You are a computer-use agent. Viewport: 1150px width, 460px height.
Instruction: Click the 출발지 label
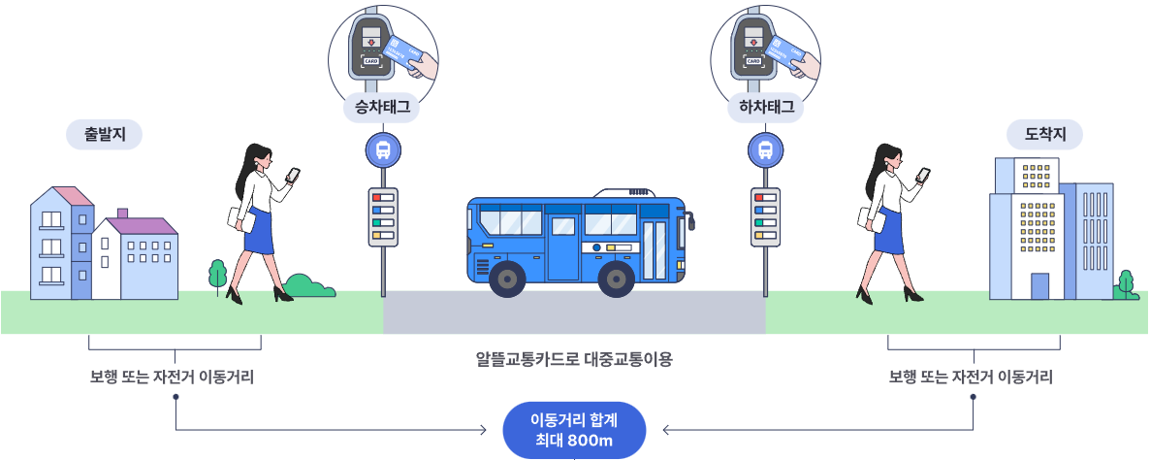click(104, 135)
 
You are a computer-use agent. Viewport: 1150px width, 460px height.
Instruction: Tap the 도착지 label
click(1046, 135)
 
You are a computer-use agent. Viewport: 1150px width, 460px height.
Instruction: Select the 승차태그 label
click(382, 108)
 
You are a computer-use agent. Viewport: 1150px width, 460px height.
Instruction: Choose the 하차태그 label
click(766, 108)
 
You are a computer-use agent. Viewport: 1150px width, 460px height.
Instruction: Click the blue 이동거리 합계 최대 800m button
click(574, 429)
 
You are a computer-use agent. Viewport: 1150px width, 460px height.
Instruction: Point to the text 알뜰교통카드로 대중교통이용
click(574, 359)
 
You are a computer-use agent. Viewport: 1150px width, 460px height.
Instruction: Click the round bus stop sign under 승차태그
click(382, 151)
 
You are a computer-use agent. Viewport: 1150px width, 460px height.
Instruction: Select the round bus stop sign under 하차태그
click(766, 151)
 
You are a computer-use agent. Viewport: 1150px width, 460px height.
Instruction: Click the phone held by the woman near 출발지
click(294, 175)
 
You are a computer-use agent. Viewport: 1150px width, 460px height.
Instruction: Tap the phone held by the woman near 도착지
click(923, 175)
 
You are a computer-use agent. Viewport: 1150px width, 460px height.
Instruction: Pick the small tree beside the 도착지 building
click(1126, 283)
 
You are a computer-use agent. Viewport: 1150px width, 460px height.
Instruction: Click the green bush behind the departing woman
click(309, 286)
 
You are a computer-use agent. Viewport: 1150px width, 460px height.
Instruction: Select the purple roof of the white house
click(142, 225)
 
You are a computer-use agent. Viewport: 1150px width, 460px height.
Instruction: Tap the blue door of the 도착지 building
click(1039, 286)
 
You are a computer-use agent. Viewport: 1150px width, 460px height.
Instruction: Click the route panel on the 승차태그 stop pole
click(383, 215)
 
